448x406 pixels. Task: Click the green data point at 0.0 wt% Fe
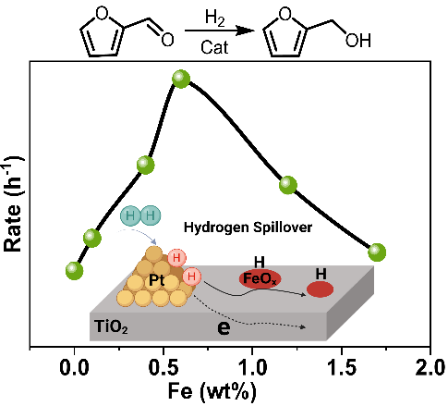pos(75,271)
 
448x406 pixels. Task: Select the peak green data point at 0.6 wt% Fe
pos(181,79)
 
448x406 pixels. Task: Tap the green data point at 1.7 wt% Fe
pos(377,252)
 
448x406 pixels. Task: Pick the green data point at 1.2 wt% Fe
pos(288,185)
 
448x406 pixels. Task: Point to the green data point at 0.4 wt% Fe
pos(145,166)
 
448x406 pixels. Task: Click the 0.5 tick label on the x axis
pos(163,368)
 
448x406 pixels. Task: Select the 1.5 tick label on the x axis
pos(341,368)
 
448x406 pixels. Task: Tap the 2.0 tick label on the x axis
pos(430,368)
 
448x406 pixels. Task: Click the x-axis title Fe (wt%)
pos(212,391)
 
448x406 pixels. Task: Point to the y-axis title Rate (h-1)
pos(13,203)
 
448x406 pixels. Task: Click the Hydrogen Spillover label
pos(248,228)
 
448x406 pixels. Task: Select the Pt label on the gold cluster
pos(156,280)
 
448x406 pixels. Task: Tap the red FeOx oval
pos(260,279)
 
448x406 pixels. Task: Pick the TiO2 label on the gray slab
pos(111,326)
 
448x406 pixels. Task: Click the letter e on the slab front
pos(224,328)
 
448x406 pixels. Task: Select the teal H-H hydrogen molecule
pos(140,215)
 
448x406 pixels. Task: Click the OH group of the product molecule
pos(358,41)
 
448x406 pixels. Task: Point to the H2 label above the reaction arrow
pos(214,18)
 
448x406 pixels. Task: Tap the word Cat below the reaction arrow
pos(214,47)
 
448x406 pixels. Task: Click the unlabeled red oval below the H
pos(321,289)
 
